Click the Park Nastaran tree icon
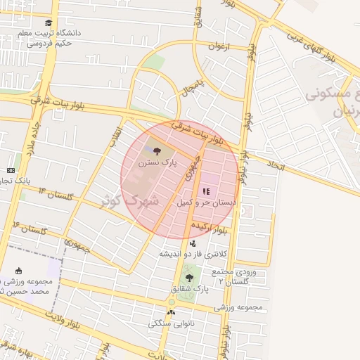[x=155, y=150]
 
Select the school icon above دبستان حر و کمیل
[x=205, y=191]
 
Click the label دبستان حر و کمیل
[x=206, y=202]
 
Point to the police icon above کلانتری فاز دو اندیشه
[x=193, y=243]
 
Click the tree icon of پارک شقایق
[x=188, y=278]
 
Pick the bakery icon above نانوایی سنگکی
[x=171, y=313]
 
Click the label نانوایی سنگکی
[x=169, y=324]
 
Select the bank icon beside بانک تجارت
[x=11, y=170]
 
